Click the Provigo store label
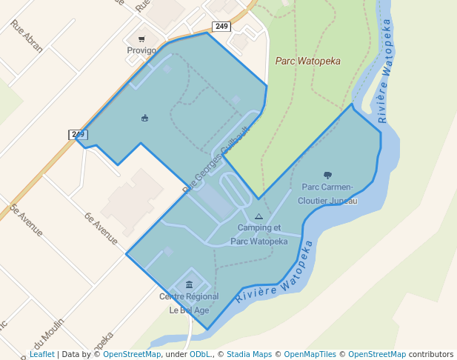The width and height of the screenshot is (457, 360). pos(141,50)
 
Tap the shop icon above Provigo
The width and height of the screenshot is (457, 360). pos(141,39)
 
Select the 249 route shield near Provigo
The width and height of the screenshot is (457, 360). pos(221,27)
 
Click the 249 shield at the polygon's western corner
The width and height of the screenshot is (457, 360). pos(79,134)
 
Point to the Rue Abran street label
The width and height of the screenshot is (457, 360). pos(27,36)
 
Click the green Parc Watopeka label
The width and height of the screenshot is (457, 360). pos(307,61)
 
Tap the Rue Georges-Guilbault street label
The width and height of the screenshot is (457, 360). pos(216,159)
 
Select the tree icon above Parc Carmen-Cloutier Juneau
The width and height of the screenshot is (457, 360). pos(328,175)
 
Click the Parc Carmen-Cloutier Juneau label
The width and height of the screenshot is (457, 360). pos(327,193)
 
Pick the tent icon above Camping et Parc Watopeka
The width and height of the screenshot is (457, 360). pos(258,217)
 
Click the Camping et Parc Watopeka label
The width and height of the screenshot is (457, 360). pos(258,234)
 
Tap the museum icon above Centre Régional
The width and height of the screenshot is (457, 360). pos(190,284)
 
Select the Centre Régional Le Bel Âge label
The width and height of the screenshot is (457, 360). pos(189,304)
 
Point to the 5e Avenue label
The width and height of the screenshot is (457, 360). pos(27,220)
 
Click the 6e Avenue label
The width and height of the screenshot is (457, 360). pos(101,229)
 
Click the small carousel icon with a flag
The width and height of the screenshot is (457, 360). pos(144,117)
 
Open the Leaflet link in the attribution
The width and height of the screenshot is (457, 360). pos(41,354)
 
